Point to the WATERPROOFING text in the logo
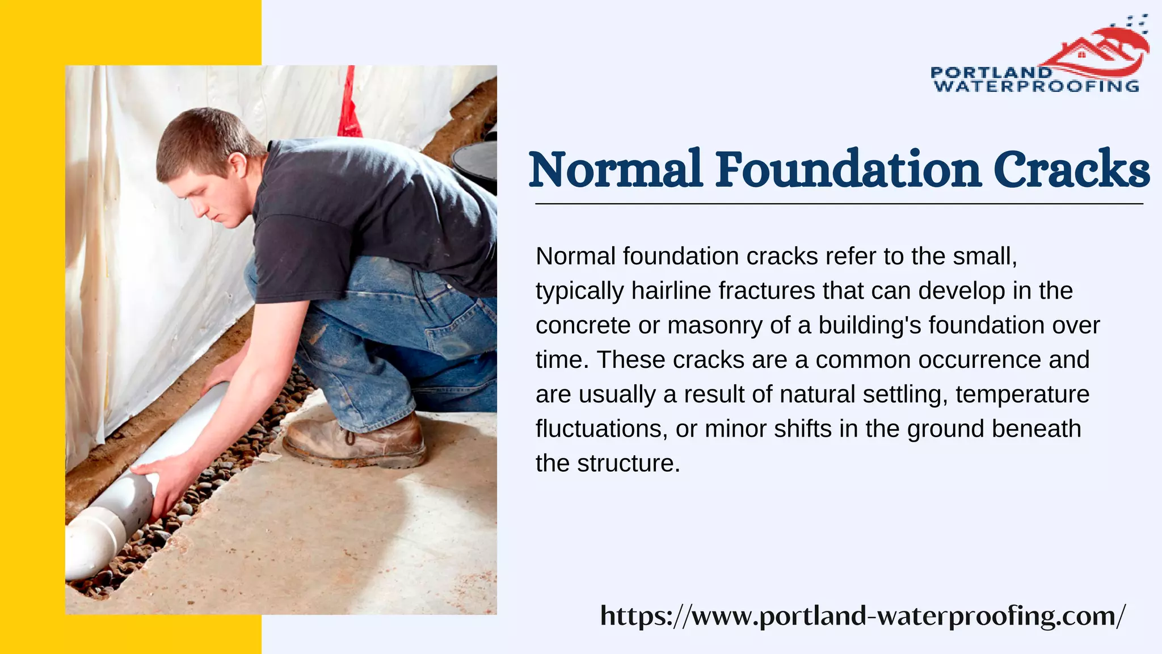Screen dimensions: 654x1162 coord(1036,86)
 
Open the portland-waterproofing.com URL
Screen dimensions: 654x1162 coord(862,615)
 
